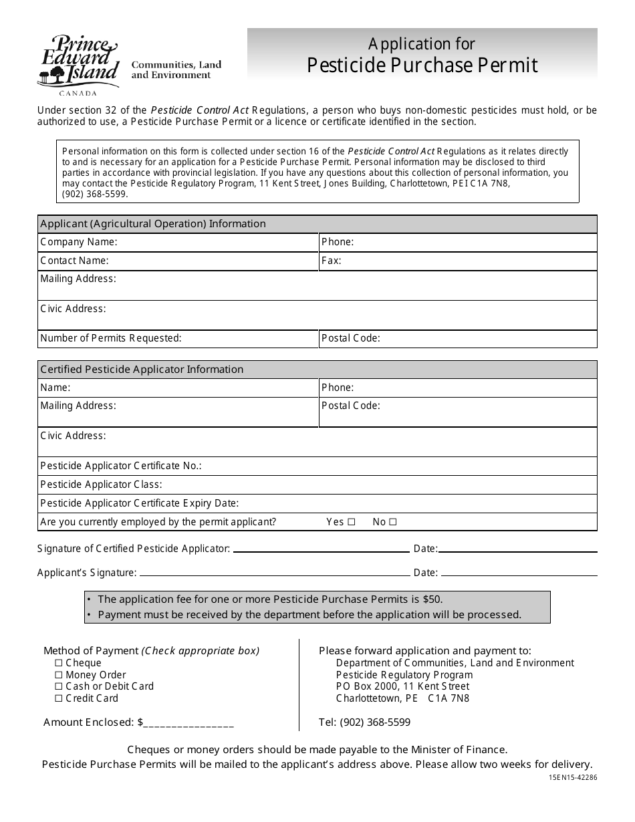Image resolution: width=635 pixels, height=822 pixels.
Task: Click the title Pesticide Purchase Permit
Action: (x=422, y=65)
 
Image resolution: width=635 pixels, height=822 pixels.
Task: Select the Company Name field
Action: (x=217, y=242)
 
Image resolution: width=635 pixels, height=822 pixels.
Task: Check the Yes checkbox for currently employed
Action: (x=352, y=522)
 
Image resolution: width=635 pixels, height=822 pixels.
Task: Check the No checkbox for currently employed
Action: (x=393, y=522)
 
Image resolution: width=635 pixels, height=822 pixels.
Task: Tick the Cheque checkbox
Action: (x=59, y=663)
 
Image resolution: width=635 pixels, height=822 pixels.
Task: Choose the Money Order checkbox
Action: (x=59, y=675)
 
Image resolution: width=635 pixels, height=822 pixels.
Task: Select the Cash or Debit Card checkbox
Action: (x=59, y=686)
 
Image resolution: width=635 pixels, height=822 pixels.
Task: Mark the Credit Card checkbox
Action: (x=59, y=698)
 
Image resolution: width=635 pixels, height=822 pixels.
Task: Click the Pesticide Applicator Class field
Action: (x=378, y=485)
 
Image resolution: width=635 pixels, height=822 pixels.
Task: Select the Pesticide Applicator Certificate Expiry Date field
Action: (x=414, y=503)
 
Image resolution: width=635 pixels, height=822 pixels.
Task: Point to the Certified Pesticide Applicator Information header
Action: (x=142, y=370)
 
